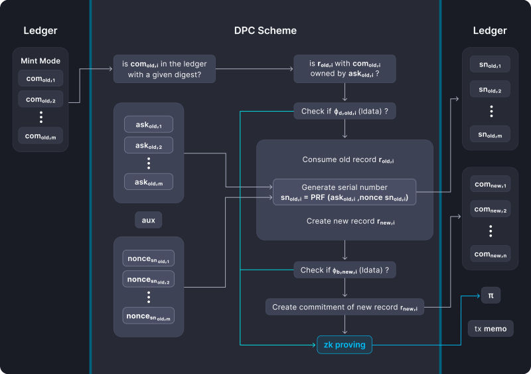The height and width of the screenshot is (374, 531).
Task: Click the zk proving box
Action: coord(344,345)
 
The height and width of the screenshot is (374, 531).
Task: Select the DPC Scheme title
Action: coord(265,31)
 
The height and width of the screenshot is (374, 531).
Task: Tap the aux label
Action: coord(149,220)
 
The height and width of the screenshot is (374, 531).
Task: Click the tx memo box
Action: coord(491,329)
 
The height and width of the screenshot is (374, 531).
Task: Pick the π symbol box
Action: coord(491,295)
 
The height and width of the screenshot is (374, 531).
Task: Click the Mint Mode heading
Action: coord(40,61)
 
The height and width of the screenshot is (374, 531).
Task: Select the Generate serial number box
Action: coord(344,193)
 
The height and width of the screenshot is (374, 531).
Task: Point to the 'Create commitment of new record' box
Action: coord(344,306)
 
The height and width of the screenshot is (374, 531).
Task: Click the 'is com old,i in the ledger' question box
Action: coord(165,68)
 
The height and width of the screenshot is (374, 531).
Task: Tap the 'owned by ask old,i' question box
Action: coord(344,68)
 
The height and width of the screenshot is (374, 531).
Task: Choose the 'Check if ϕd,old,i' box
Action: coord(344,110)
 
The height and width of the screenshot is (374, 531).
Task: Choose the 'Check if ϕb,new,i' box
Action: coord(344,270)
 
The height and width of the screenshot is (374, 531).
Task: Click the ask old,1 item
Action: coord(149,124)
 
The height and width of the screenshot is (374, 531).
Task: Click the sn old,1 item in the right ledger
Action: coord(491,64)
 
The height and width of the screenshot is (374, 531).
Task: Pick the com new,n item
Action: coord(491,253)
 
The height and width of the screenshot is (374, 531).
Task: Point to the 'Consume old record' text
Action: coord(344,159)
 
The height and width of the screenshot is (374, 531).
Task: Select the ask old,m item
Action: coord(149,181)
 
